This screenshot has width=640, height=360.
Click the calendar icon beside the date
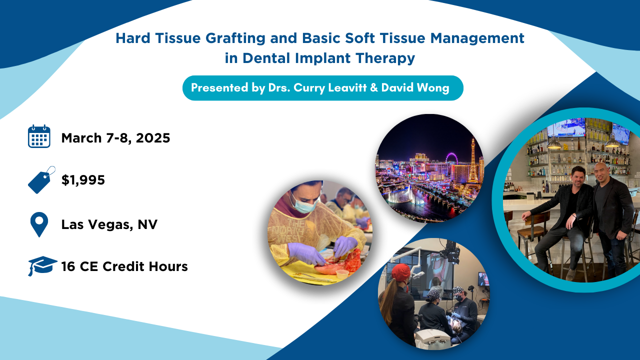[x=39, y=136]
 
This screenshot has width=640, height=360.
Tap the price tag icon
[x=41, y=180]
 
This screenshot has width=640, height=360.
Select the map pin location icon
[x=39, y=224]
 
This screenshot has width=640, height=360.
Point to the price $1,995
[x=83, y=180]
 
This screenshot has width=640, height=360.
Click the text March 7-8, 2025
[x=115, y=138]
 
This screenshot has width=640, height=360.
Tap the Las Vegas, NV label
[x=109, y=224]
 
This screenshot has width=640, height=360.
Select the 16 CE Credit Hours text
[x=124, y=266]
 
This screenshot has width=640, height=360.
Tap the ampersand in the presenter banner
[x=373, y=87]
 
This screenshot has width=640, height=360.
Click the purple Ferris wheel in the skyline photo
[x=451, y=158]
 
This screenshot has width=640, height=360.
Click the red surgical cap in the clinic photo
[x=400, y=272]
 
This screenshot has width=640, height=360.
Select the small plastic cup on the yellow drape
[x=342, y=275]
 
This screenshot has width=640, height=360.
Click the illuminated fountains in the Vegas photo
[x=405, y=195]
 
